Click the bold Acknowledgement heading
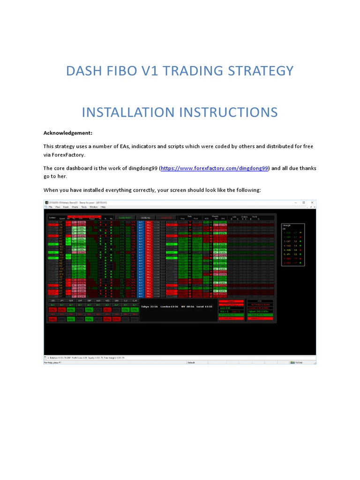(68, 133)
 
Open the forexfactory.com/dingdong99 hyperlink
(214, 168)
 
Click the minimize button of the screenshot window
(295, 202)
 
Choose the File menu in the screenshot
(51, 207)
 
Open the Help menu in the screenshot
(103, 207)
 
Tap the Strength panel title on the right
(286, 225)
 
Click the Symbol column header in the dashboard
(52, 218)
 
